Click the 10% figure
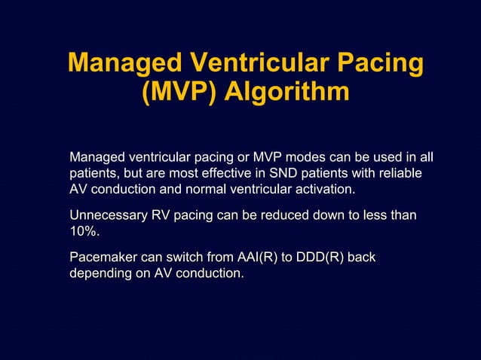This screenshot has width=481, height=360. click(84, 231)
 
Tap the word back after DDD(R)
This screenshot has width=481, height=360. click(362, 258)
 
